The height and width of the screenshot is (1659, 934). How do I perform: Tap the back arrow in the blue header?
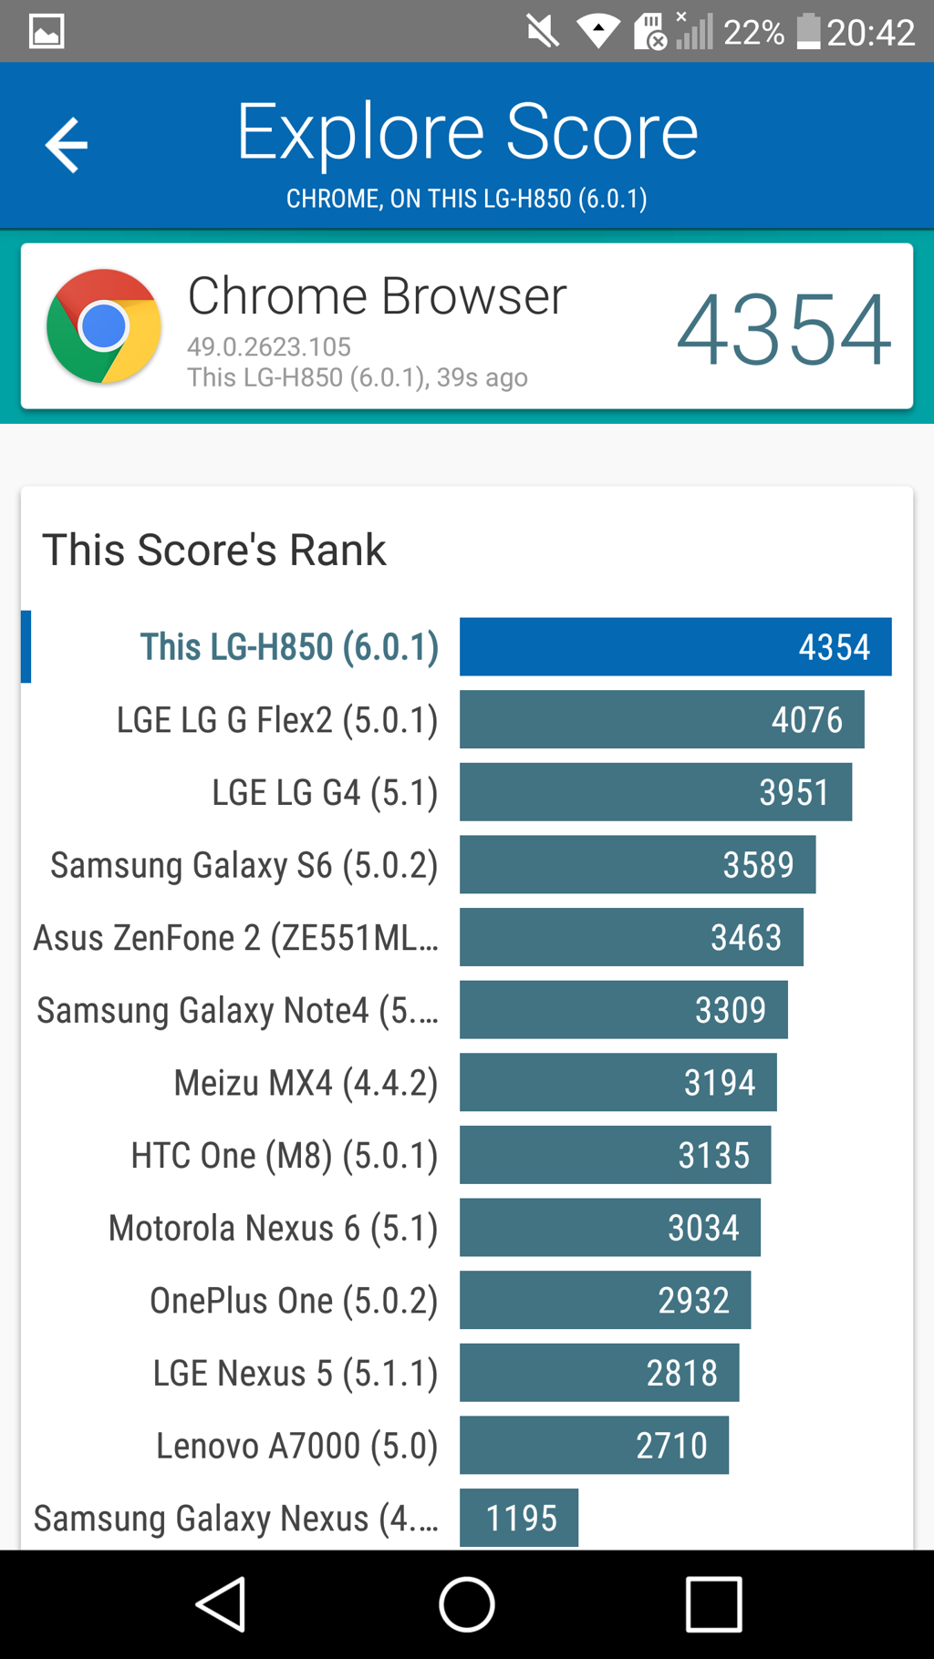coord(67,145)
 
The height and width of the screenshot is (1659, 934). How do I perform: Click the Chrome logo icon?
coord(104,326)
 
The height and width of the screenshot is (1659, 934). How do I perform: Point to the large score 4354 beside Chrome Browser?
coord(784,330)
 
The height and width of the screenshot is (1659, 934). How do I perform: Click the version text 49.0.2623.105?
coord(269,347)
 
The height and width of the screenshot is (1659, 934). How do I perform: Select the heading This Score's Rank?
coord(214,551)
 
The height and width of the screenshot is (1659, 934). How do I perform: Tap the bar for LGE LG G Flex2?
coord(661,719)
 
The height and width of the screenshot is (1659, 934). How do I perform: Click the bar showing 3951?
coord(655,792)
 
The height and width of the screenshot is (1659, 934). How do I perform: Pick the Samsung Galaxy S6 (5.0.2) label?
coord(244,865)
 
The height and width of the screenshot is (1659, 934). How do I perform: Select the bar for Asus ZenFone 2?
coord(631,937)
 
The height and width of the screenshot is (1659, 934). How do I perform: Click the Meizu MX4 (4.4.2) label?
coord(306,1083)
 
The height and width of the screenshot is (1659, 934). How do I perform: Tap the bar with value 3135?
coord(615,1155)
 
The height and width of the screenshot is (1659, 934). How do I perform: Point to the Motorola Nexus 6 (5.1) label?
coord(273,1228)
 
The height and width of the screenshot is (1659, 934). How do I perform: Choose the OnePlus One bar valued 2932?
coord(605,1300)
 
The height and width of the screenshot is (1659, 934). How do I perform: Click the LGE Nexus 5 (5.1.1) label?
coord(296,1373)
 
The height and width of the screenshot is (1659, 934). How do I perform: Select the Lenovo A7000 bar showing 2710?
coord(594,1445)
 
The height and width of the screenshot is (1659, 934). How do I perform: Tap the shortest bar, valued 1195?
coord(519,1518)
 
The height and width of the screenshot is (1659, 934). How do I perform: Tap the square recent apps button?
coord(713,1604)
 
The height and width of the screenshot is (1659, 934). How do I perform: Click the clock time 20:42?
coord(870,33)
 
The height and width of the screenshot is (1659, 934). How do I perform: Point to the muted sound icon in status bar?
coord(542,32)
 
